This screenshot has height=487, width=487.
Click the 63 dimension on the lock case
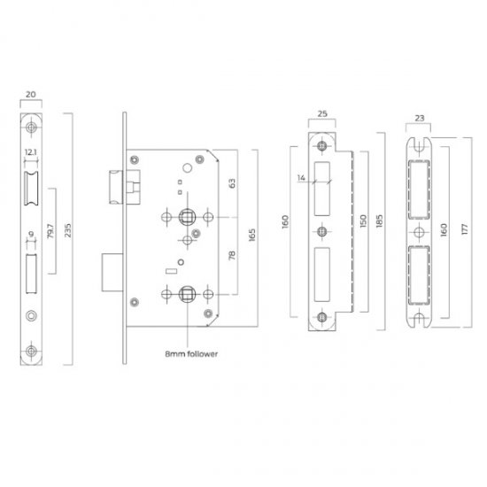click(233, 184)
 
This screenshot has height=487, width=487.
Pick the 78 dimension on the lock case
click(233, 256)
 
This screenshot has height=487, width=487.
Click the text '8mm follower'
click(191, 352)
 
